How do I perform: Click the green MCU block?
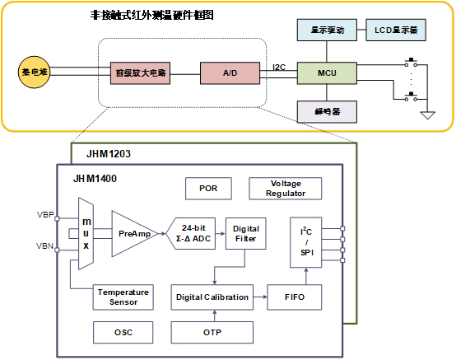click(327, 72)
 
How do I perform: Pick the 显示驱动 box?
click(326, 31)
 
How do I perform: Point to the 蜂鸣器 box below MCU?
click(327, 110)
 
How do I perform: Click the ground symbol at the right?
click(427, 115)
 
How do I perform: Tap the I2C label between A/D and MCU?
click(279, 68)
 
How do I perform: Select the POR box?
click(209, 188)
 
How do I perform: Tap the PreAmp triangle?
click(130, 233)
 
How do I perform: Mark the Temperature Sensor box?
click(123, 297)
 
